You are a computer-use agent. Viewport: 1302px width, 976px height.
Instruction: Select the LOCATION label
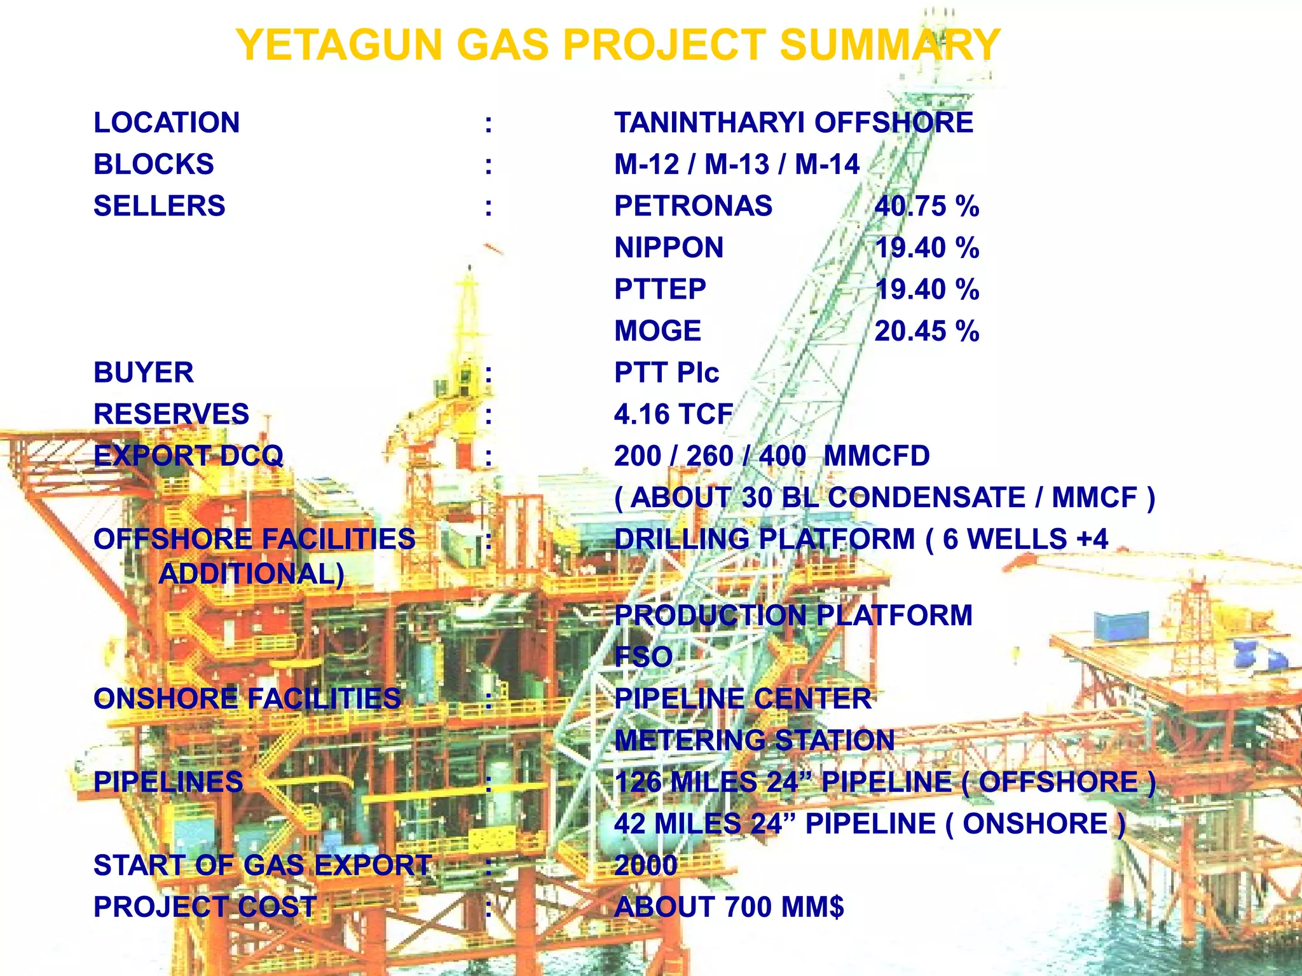click(x=167, y=123)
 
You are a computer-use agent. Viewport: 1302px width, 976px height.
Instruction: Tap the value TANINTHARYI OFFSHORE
click(x=793, y=123)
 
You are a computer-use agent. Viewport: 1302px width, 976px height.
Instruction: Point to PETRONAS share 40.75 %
click(x=926, y=207)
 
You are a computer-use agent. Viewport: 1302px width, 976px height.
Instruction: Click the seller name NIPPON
click(x=669, y=248)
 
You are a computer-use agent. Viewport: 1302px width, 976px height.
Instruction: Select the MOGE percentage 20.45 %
click(x=926, y=331)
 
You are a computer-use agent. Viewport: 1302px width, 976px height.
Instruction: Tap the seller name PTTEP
click(x=660, y=290)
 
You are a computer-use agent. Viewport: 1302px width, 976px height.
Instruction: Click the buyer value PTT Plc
click(x=666, y=373)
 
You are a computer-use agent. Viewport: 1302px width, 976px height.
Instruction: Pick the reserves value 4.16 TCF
click(x=673, y=414)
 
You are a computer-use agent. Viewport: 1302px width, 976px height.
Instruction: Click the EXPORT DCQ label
click(x=188, y=456)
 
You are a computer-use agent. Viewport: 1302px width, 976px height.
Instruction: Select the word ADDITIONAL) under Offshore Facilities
click(x=251, y=574)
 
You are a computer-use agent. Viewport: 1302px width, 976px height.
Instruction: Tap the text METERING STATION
click(x=754, y=740)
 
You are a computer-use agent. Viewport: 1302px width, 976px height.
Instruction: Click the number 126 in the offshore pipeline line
click(x=638, y=782)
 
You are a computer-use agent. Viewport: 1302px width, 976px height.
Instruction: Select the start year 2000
click(x=645, y=865)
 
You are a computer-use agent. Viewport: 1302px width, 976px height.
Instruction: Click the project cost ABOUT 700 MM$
click(x=729, y=907)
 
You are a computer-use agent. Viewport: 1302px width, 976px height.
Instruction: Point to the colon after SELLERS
click(x=488, y=207)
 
